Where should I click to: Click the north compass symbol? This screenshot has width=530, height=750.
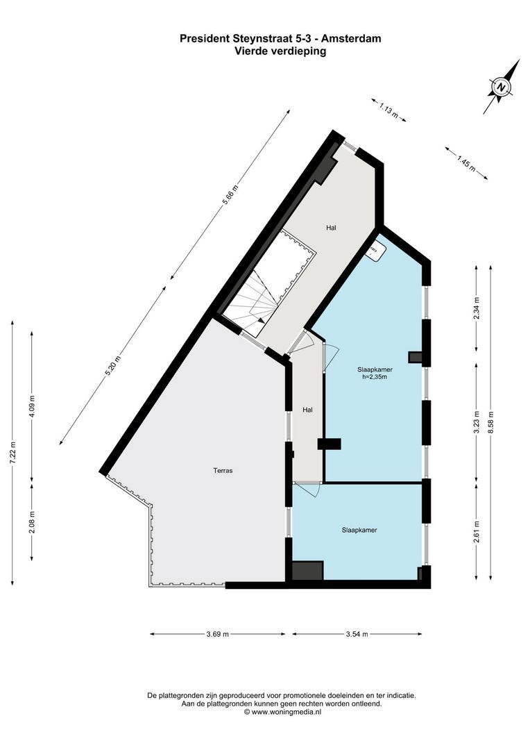(x=501, y=87)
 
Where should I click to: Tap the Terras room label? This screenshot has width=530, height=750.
(x=223, y=470)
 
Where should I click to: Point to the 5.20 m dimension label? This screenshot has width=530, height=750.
(x=112, y=366)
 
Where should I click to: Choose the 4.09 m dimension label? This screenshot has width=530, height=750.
(x=33, y=406)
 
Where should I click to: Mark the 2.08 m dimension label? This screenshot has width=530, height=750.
(x=33, y=521)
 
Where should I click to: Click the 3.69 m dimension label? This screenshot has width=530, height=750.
(x=218, y=634)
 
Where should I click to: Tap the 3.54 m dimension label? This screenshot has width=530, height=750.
(x=356, y=634)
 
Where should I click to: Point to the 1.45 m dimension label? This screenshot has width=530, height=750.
(x=465, y=163)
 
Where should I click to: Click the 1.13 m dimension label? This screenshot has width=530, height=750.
(x=388, y=110)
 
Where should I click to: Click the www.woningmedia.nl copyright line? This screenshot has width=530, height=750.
(x=281, y=712)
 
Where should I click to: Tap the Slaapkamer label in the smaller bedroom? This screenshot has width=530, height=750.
(x=359, y=530)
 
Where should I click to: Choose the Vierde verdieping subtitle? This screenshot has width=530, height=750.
(x=280, y=51)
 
